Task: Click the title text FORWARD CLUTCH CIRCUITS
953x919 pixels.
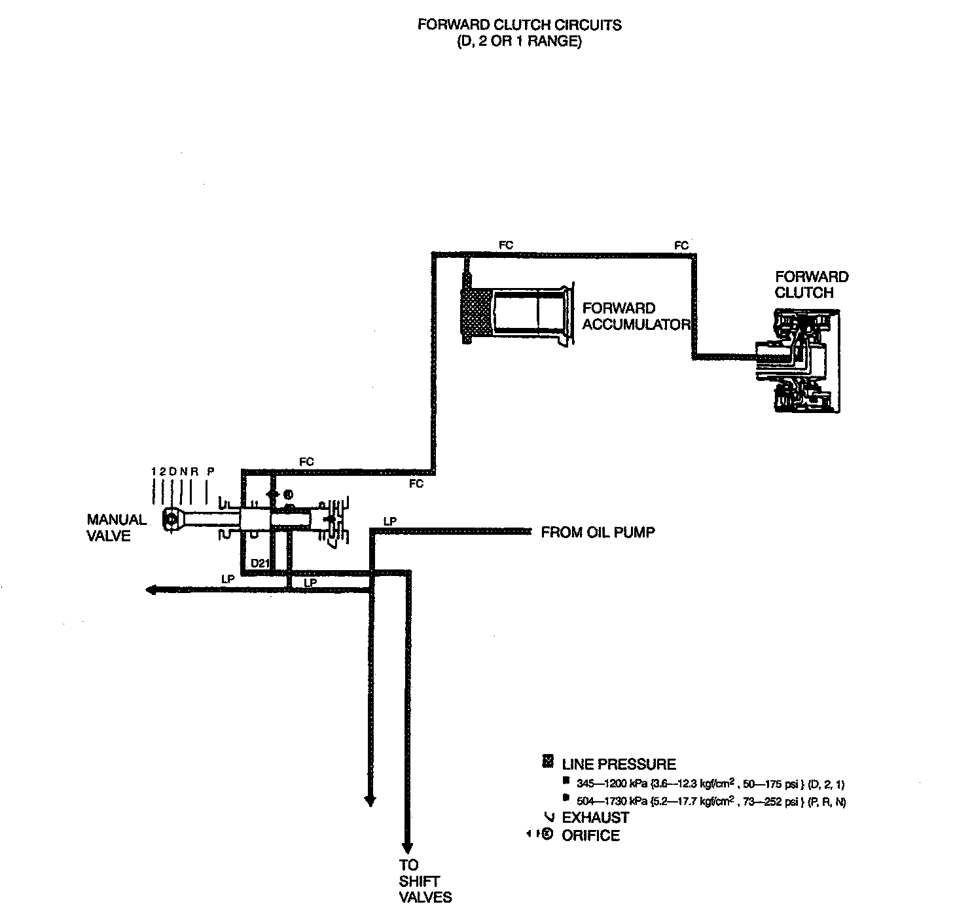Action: click(519, 25)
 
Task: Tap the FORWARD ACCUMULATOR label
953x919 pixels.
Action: click(636, 316)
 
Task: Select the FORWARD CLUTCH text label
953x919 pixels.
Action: click(811, 285)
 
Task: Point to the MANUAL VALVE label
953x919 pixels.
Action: click(117, 528)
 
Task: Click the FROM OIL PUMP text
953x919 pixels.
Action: click(598, 533)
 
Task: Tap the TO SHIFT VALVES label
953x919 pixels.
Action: click(425, 880)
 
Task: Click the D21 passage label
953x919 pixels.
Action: click(261, 563)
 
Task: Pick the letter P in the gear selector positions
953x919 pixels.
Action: click(210, 471)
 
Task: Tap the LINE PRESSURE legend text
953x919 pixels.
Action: click(619, 764)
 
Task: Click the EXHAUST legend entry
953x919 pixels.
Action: click(595, 818)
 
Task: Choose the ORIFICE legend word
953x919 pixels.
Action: click(590, 836)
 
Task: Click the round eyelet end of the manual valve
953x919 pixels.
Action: click(171, 518)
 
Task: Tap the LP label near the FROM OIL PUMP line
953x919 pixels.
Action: click(390, 522)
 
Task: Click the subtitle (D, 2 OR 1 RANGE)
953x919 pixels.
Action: click(519, 41)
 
